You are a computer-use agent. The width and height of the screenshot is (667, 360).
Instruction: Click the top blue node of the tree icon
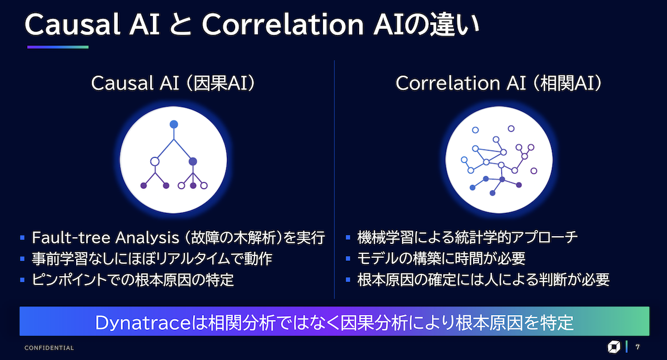(x=174, y=124)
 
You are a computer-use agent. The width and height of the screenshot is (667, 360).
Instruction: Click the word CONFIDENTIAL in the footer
(x=49, y=348)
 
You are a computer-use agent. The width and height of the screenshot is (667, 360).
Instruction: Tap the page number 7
(x=638, y=347)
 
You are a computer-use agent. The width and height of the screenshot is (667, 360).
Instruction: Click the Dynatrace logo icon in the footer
(x=614, y=347)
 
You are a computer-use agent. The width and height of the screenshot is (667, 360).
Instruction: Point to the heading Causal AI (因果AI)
(x=173, y=83)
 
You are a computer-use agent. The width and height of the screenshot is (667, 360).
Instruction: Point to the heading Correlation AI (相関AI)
(x=499, y=83)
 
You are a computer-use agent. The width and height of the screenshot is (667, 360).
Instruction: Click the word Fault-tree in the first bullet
(x=71, y=237)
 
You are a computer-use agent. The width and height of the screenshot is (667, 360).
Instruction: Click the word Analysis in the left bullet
(x=147, y=238)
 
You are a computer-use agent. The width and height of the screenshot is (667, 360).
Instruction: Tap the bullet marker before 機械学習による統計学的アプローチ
(x=348, y=237)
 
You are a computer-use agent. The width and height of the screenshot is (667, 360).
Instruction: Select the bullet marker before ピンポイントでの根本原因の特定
(x=22, y=279)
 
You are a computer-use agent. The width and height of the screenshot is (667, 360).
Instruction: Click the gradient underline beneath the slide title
(x=58, y=47)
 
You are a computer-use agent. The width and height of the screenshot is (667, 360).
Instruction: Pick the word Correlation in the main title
(x=282, y=24)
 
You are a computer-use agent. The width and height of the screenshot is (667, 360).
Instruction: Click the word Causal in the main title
(x=72, y=24)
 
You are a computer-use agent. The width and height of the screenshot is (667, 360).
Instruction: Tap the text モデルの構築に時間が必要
(x=441, y=258)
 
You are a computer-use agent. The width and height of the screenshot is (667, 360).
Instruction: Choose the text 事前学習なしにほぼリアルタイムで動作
(x=152, y=258)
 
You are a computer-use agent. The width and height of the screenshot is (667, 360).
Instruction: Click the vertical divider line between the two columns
(x=335, y=179)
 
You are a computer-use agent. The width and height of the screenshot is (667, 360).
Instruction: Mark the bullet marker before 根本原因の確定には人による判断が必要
(x=348, y=279)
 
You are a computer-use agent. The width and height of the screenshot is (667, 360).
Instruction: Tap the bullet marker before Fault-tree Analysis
(x=22, y=237)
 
